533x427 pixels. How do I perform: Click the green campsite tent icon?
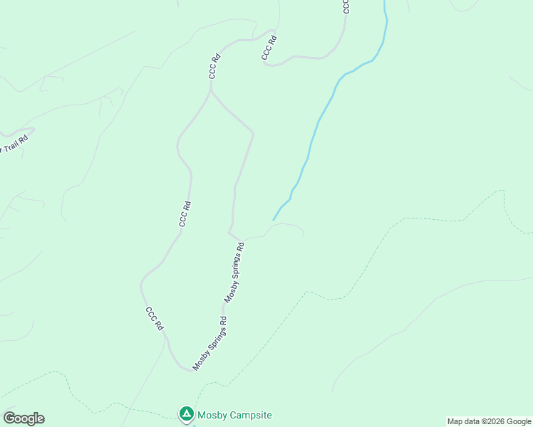point(186,413)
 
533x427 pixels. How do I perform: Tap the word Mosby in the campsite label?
point(213,415)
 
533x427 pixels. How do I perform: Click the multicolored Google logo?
point(24,418)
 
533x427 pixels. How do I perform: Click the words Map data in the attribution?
point(462,421)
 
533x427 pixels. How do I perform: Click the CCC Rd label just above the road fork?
point(212,66)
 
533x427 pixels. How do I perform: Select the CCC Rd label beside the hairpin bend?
point(268,47)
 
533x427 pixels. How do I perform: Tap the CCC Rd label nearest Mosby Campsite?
point(155,318)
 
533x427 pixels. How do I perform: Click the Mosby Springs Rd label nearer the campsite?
point(209,344)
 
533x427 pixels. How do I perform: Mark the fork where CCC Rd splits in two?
point(210,91)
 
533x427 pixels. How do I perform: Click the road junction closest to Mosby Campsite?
point(193,370)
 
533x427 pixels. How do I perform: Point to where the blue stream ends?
point(274,220)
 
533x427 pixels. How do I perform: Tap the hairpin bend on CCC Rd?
point(266,63)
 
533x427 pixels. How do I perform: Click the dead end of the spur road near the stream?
point(304,233)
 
